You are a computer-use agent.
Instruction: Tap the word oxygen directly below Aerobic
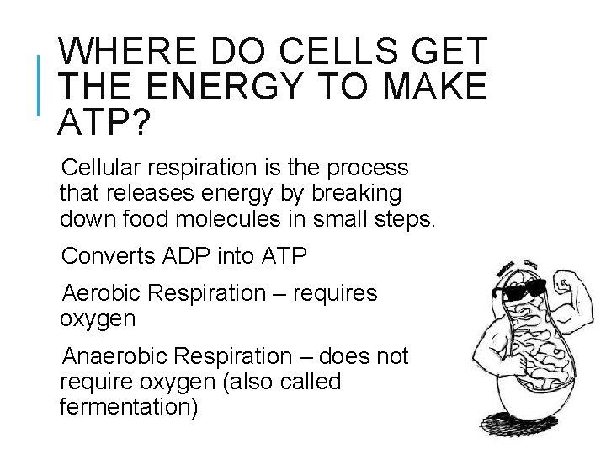click(97, 318)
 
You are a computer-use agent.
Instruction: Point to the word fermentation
click(129, 408)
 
